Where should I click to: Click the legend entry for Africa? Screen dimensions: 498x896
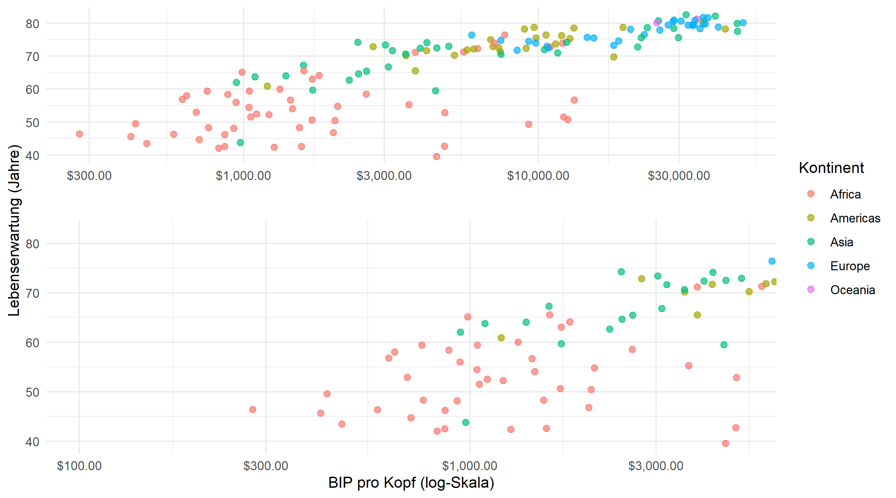(x=845, y=194)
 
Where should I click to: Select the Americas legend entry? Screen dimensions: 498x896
(x=855, y=218)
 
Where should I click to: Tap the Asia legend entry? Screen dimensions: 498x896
(x=841, y=242)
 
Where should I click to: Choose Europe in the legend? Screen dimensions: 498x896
(x=850, y=266)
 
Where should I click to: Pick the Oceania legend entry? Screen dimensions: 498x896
(x=852, y=290)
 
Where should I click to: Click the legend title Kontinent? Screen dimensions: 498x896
(x=831, y=168)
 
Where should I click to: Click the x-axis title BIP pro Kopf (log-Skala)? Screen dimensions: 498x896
(x=411, y=483)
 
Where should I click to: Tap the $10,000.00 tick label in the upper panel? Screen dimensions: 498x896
(x=538, y=176)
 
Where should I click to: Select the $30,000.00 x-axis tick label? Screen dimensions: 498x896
(x=679, y=176)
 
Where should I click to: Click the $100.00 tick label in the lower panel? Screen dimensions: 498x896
(x=79, y=466)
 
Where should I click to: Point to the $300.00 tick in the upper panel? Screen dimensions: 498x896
(x=89, y=176)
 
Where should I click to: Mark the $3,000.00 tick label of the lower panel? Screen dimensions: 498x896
(x=656, y=466)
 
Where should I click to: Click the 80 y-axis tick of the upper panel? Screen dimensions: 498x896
(x=32, y=24)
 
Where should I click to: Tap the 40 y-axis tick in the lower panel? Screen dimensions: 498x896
(x=32, y=442)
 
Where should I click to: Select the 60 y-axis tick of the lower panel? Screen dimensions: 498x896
(x=32, y=343)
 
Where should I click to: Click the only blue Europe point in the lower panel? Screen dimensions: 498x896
(x=772, y=261)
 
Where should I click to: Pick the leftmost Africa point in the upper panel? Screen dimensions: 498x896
(x=79, y=134)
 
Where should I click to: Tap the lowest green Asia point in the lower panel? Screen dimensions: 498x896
(x=466, y=423)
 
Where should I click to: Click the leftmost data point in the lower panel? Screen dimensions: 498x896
(x=253, y=410)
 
